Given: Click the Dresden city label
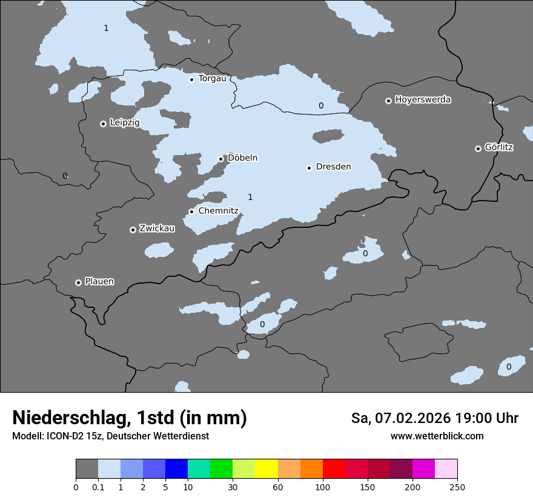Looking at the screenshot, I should pos(333,167).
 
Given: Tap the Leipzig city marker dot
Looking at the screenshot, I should pos(103,124).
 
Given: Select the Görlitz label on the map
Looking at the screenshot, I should pos(498,147).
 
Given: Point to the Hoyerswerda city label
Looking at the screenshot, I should pos(423,99).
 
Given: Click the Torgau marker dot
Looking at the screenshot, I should pos(191,79).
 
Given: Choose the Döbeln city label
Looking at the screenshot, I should pos(242,158).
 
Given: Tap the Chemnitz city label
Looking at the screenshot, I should pos(219,211).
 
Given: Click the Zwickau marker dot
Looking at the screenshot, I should pos(133,230).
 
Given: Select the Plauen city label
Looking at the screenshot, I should pos(99,281).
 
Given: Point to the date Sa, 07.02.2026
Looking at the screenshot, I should pos(400,418).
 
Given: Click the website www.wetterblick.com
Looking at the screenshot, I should pos(437,436).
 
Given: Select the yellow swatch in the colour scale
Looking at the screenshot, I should pos(266,469).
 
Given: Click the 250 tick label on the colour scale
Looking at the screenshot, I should pos(457,487).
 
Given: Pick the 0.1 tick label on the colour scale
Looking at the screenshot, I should pos(98,487).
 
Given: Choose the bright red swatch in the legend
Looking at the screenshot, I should pos(334,469).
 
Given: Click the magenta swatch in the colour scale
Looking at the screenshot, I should pos(423,469).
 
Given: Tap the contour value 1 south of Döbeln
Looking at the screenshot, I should pos(250,197).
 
